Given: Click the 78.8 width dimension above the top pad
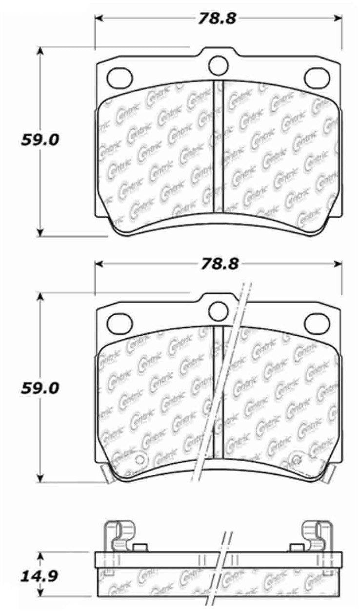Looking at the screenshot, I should tap(217, 19).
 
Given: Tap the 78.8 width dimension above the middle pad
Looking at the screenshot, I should tap(217, 264).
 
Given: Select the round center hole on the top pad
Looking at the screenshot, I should tap(218, 64).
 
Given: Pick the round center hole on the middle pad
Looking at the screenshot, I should tap(218, 310).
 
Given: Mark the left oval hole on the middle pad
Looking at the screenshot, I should tap(120, 322).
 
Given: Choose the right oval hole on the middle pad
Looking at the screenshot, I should tap(317, 322).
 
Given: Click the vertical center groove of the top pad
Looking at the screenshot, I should tap(218, 146).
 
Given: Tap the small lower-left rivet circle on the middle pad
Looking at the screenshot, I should tap(140, 459).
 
